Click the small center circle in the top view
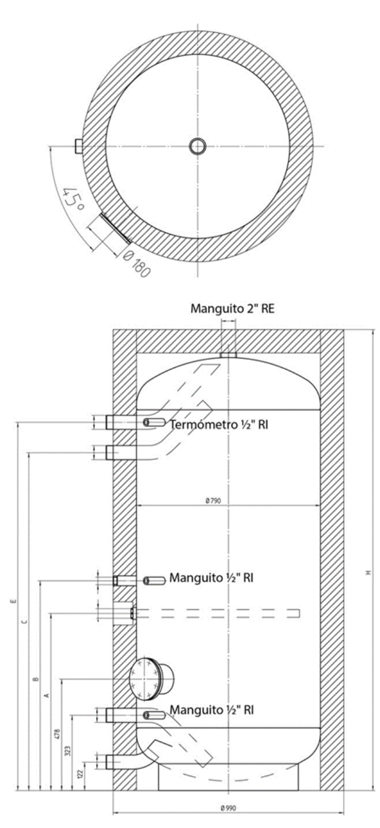tap(197, 146)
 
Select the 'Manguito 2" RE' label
tap(232, 309)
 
